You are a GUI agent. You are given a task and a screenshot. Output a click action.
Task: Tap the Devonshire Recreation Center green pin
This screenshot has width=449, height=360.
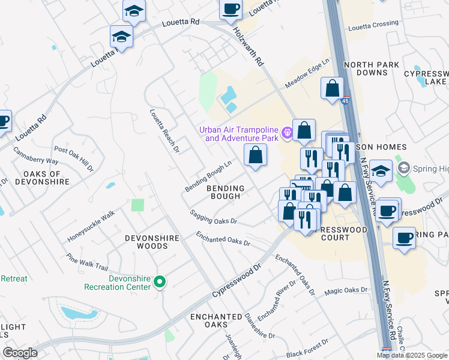pos(160,281)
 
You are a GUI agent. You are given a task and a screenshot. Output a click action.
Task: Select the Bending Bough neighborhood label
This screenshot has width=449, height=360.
pos(226,193)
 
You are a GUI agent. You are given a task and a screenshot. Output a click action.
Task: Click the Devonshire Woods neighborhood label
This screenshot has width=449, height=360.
pos(152,242)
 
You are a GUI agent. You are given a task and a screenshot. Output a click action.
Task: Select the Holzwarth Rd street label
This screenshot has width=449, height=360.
pos(247,44)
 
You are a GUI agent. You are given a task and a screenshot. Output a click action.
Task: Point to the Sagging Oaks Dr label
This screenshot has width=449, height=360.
pos(213,217)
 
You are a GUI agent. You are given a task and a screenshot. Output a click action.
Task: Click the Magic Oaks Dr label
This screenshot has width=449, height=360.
pos(346,290)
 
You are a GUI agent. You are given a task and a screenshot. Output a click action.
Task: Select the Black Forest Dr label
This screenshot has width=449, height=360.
pos(307,348)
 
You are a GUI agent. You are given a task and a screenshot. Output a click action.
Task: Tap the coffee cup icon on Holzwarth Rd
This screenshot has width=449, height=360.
pos(231,9)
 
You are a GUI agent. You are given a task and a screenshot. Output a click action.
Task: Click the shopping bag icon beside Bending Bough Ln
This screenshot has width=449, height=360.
pos(256,155)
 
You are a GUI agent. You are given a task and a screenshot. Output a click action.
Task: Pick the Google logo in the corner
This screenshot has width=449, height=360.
pos(20,353)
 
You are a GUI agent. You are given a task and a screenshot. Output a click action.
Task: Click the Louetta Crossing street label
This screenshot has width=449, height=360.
pos(373,25)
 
